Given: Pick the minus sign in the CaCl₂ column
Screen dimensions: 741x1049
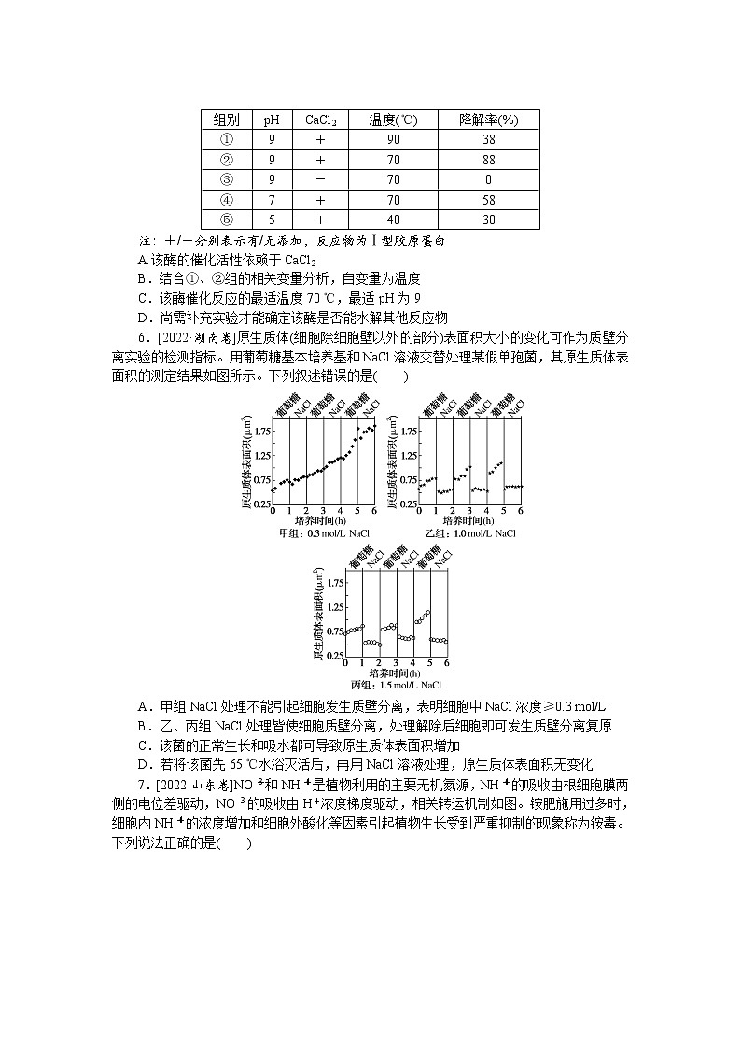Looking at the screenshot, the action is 320,179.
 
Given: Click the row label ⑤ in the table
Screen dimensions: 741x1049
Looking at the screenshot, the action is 226,220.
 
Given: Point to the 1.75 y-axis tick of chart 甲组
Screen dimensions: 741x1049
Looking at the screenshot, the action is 261,431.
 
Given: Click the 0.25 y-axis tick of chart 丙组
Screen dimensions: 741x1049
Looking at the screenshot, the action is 335,656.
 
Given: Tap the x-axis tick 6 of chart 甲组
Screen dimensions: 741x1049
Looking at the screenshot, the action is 373,511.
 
